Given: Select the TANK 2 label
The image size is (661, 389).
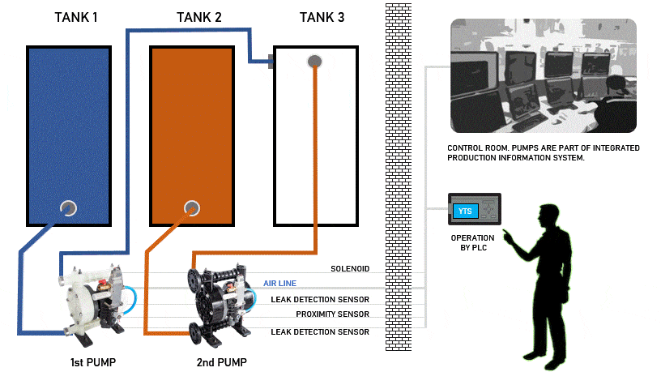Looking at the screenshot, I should coord(198,18).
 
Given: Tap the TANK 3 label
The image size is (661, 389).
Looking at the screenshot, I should coord(322,18).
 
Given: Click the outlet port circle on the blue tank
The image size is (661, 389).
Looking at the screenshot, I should coord(68,208).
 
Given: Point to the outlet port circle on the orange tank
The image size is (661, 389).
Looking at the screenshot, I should coord(191,208).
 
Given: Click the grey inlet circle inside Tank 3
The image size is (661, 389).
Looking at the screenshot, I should coord(314,62).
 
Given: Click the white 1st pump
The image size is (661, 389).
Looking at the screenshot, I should coord(92,297).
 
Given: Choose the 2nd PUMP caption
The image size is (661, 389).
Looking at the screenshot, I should coord(221,361).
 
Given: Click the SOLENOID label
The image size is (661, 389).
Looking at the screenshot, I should coord(350,269).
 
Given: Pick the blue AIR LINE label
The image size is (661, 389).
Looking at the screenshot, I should coord(279,284).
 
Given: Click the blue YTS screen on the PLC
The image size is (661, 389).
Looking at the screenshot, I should coord(465,212).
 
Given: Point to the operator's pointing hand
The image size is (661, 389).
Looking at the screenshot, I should coord(506,235).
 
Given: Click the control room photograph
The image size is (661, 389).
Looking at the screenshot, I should coord(543,76).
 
